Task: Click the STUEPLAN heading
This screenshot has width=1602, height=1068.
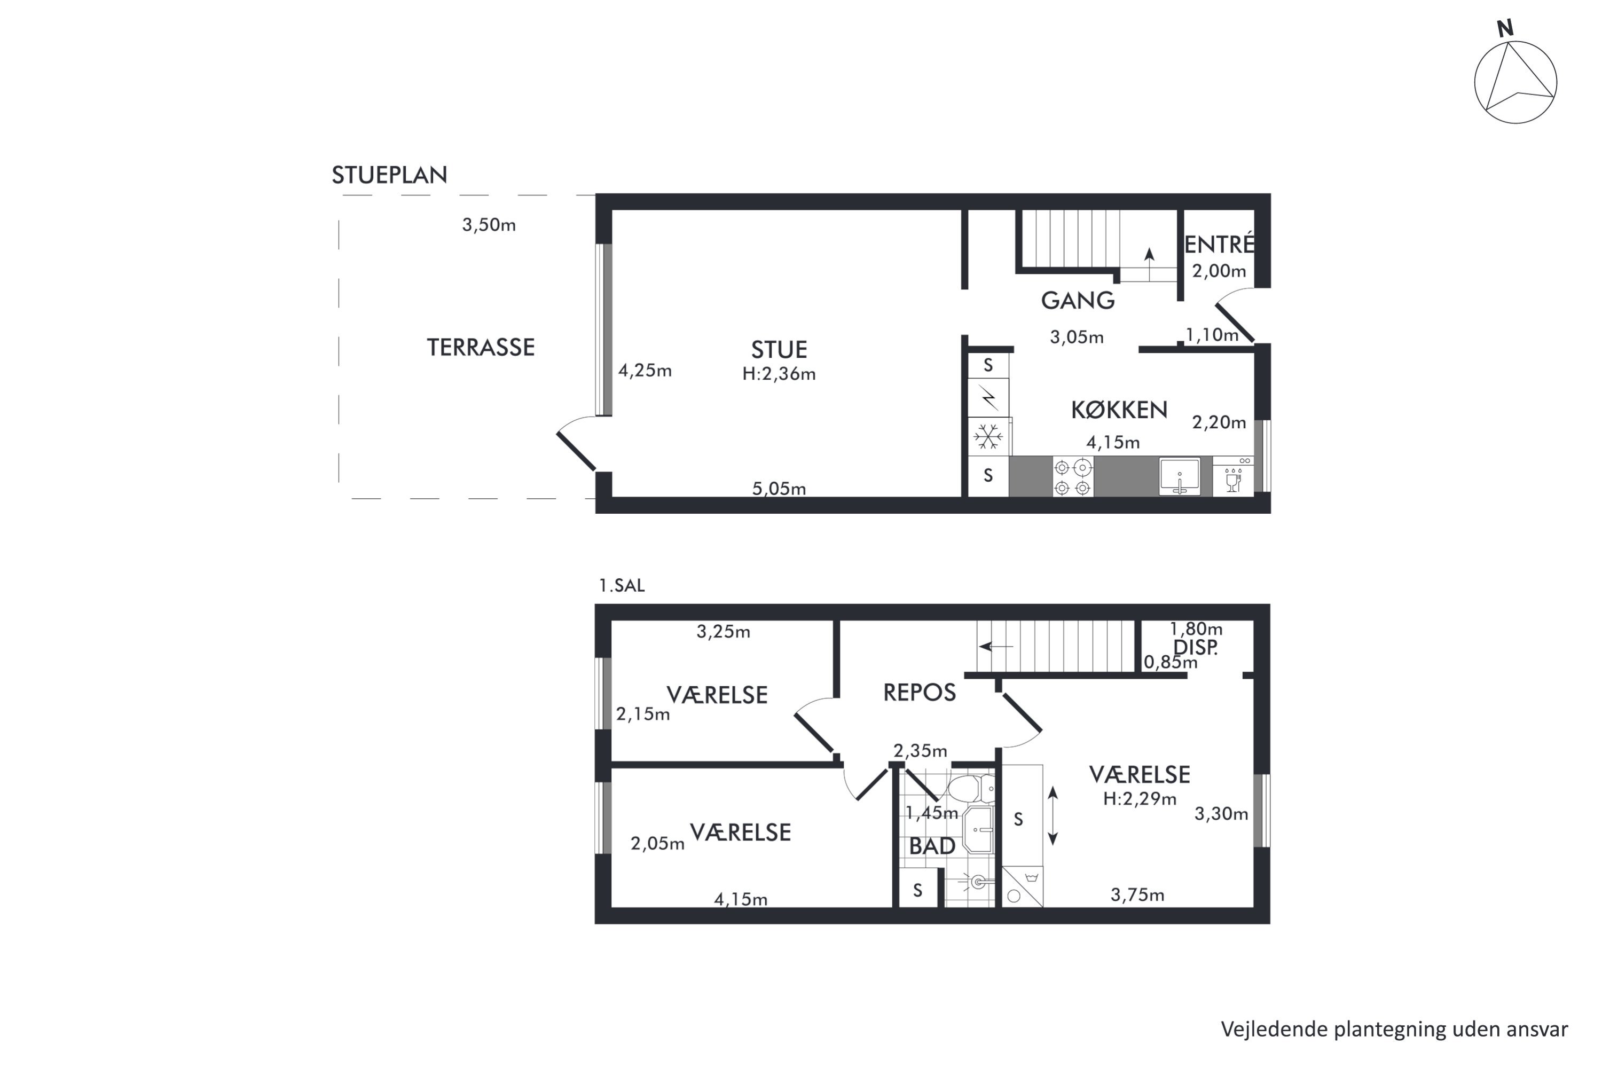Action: [x=390, y=175]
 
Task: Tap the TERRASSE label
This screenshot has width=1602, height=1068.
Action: [x=481, y=348]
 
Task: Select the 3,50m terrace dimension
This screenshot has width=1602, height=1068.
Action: [x=489, y=225]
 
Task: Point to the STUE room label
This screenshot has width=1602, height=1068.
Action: [x=779, y=349]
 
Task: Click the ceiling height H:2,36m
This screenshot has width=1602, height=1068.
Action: [x=779, y=374]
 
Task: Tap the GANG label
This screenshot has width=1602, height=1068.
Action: [x=1078, y=300]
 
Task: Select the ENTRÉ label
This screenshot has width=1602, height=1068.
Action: [x=1219, y=244]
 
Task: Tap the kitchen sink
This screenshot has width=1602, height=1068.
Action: [x=1180, y=476]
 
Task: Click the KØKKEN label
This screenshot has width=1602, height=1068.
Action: [x=1119, y=410]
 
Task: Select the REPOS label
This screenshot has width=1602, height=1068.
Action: [x=920, y=693]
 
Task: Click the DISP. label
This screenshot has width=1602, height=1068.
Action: [x=1196, y=648]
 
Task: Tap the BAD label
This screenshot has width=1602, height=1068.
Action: [x=932, y=846]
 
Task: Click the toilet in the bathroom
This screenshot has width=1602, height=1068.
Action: [x=971, y=789]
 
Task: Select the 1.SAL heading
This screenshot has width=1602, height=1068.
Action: [x=621, y=586]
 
